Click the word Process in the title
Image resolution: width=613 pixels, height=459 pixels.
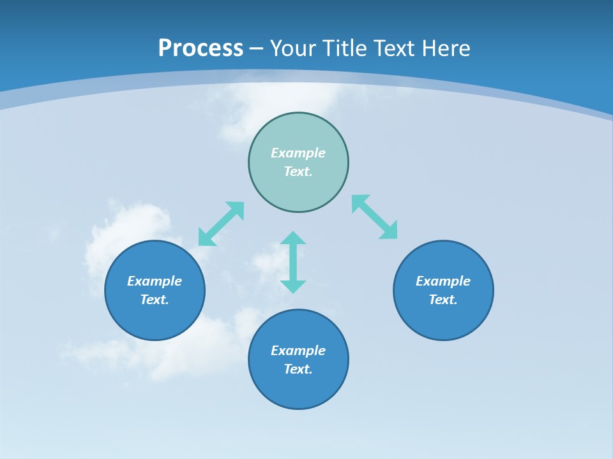[201, 48]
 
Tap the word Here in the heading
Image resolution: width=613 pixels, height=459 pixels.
[445, 48]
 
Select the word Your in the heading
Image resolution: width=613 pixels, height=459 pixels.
[291, 48]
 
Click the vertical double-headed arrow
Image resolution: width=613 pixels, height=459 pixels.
[293, 262]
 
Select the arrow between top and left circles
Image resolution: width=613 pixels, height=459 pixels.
[221, 224]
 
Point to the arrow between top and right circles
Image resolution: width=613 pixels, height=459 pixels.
[375, 217]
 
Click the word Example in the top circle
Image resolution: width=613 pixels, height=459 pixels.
[298, 153]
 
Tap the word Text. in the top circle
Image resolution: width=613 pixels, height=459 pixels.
[298, 171]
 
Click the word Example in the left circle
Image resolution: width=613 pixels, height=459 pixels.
[155, 281]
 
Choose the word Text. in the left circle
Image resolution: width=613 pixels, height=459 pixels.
[155, 300]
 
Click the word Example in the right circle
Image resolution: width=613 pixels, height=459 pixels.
[443, 281]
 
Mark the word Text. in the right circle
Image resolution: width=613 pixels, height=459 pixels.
[443, 300]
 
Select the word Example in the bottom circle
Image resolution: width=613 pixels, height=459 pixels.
[298, 351]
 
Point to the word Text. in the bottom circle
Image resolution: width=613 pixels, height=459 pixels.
[298, 369]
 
